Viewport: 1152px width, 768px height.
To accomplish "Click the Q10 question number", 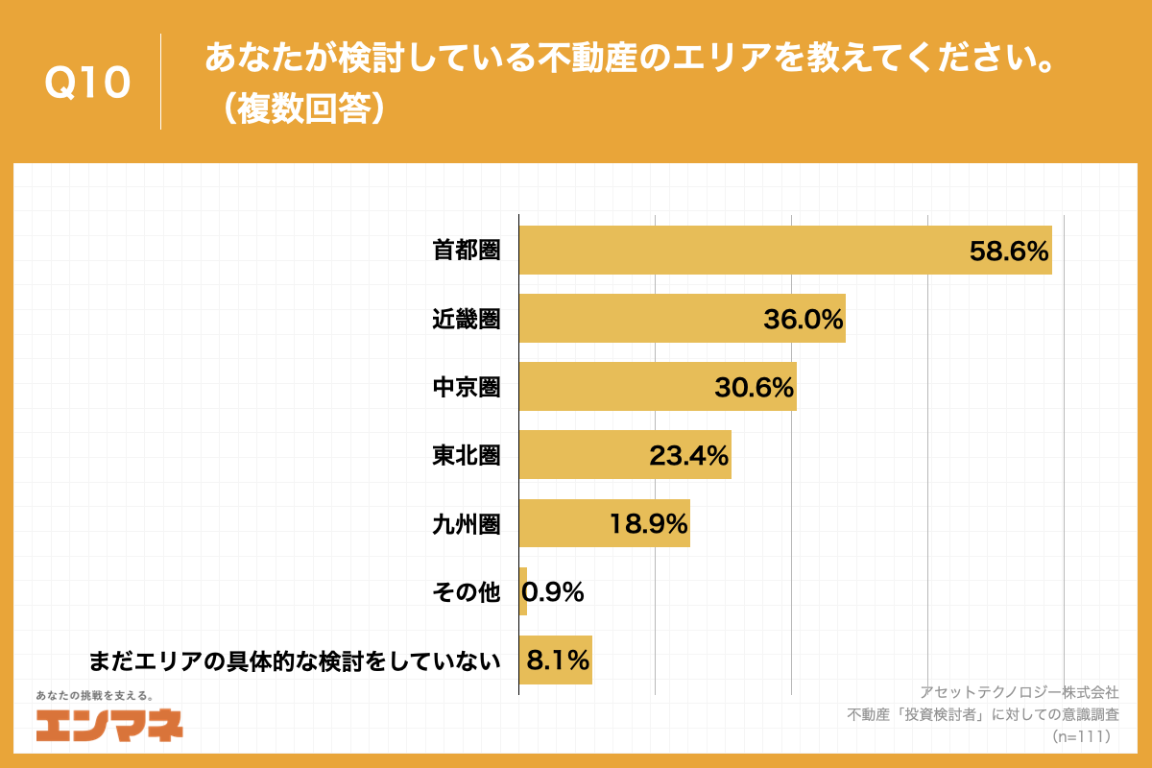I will click(x=87, y=84).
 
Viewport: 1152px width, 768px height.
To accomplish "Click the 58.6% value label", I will click(x=1008, y=252).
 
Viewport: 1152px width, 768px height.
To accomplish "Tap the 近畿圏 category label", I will click(x=466, y=320).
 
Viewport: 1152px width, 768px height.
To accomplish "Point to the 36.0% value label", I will click(x=803, y=320).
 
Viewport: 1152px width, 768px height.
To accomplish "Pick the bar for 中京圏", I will click(x=614, y=387).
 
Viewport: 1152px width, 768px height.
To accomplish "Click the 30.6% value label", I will click(x=754, y=387).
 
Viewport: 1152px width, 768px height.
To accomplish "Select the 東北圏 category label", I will click(x=466, y=455).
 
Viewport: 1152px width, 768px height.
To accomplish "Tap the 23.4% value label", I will click(x=689, y=455).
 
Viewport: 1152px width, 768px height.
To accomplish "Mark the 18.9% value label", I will click(x=648, y=523).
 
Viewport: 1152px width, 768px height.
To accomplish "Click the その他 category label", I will click(x=466, y=592).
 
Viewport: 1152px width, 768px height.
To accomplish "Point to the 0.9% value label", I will click(x=553, y=592).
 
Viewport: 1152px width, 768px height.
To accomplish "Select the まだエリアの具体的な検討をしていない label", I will click(x=295, y=660).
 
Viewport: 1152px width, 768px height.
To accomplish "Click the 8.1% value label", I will click(x=557, y=660).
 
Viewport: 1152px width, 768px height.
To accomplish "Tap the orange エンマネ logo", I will click(x=108, y=726).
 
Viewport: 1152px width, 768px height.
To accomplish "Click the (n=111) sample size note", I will click(x=1081, y=736).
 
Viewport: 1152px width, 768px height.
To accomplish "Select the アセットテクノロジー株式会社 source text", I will click(x=1019, y=691).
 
